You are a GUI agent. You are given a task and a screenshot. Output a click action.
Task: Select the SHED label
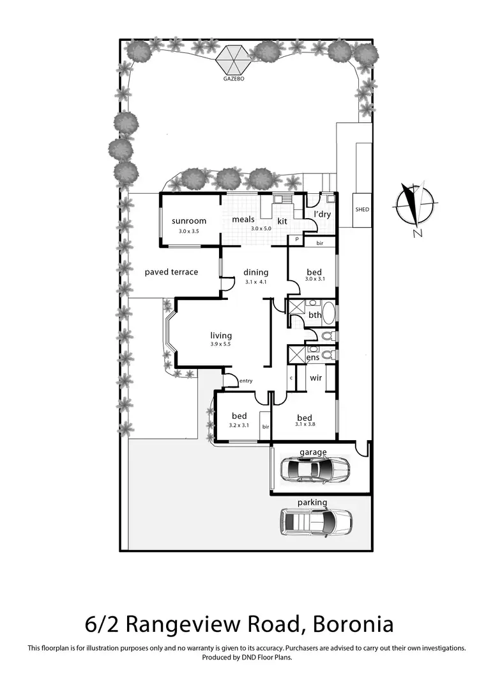click(x=363, y=209)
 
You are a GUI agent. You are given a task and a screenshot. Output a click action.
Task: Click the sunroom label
click(x=189, y=221)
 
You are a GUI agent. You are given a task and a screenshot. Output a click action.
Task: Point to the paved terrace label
click(x=171, y=272)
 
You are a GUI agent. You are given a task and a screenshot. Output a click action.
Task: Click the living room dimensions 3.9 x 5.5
click(x=221, y=344)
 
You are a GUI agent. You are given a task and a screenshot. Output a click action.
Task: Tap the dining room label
click(x=255, y=272)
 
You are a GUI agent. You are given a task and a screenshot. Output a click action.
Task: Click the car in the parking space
click(x=317, y=521)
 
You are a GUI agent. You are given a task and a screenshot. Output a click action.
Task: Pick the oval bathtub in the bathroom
click(x=328, y=315)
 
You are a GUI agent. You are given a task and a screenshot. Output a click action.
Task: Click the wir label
click(x=316, y=378)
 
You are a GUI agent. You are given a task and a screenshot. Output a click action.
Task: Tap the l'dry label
click(x=322, y=214)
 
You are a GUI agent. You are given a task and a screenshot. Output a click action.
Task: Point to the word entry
click(x=246, y=381)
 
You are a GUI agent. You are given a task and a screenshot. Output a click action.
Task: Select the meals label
click(x=243, y=219)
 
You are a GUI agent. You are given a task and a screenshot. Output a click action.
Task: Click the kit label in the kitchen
click(x=282, y=221)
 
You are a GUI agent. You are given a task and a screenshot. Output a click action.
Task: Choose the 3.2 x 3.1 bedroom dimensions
click(x=239, y=424)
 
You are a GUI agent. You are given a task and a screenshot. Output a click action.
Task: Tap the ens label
click(x=313, y=358)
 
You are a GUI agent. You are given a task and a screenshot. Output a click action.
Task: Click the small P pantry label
click(x=295, y=239)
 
